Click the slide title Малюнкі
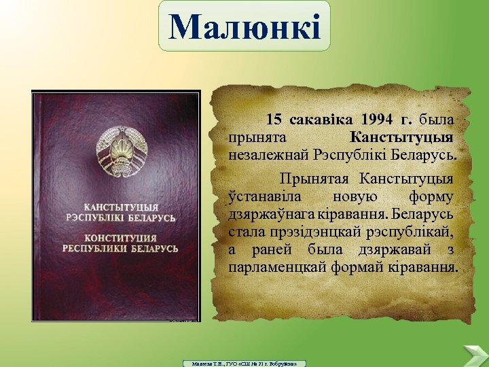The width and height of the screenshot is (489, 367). [244, 27]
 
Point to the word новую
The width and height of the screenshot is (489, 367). [353, 196]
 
